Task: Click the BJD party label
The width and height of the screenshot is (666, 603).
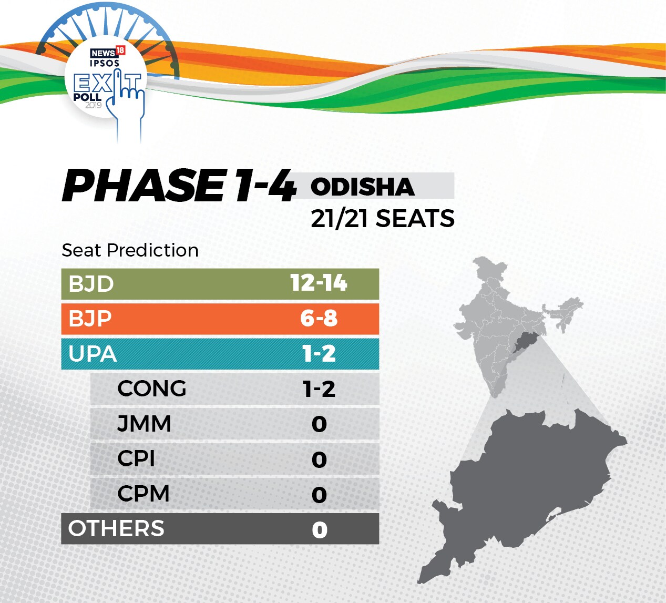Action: click(91, 284)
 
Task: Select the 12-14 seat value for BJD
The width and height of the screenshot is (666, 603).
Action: click(319, 283)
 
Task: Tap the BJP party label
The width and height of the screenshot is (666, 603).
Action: click(90, 319)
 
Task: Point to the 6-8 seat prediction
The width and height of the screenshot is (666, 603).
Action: click(319, 318)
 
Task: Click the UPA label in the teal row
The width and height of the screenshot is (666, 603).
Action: click(93, 354)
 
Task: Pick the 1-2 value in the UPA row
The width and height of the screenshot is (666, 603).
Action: click(319, 353)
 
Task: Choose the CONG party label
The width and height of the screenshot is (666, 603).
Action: click(152, 389)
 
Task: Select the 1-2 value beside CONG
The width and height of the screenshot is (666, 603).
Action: click(319, 389)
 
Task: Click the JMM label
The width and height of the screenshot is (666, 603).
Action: click(144, 424)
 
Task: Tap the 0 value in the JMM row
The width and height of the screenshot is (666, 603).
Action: click(320, 424)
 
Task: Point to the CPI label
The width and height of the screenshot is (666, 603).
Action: click(136, 459)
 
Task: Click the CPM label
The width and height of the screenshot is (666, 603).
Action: click(144, 494)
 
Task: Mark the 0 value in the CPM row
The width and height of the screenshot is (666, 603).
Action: click(320, 495)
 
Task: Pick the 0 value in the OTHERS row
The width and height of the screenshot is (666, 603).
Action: click(320, 530)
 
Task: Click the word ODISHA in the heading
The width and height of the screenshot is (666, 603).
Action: click(363, 187)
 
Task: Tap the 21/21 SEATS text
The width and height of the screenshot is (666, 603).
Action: click(383, 218)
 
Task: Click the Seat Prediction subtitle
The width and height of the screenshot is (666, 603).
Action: click(130, 250)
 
